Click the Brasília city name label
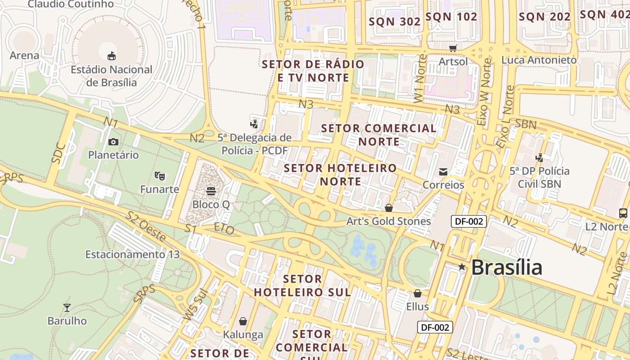[x=507, y=267]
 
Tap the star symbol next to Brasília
[x=462, y=267]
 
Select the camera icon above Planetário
[x=113, y=142]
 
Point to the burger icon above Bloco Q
[x=211, y=191]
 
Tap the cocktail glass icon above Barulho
[x=67, y=308]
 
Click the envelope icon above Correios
[x=443, y=171]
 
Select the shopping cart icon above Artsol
[x=453, y=48]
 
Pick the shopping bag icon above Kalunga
[x=243, y=321]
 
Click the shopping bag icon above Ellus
[x=418, y=293]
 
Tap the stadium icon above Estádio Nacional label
[x=112, y=56]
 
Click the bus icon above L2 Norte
[x=623, y=213]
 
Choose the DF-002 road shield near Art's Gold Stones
[x=469, y=221]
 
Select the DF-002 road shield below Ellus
[x=435, y=327]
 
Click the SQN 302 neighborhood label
[x=395, y=21]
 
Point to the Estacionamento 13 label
[x=132, y=254]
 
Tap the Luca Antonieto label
[x=539, y=60]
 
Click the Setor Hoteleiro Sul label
[x=302, y=285]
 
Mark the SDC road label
[x=58, y=153]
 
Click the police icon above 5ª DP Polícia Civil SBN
[x=539, y=158]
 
